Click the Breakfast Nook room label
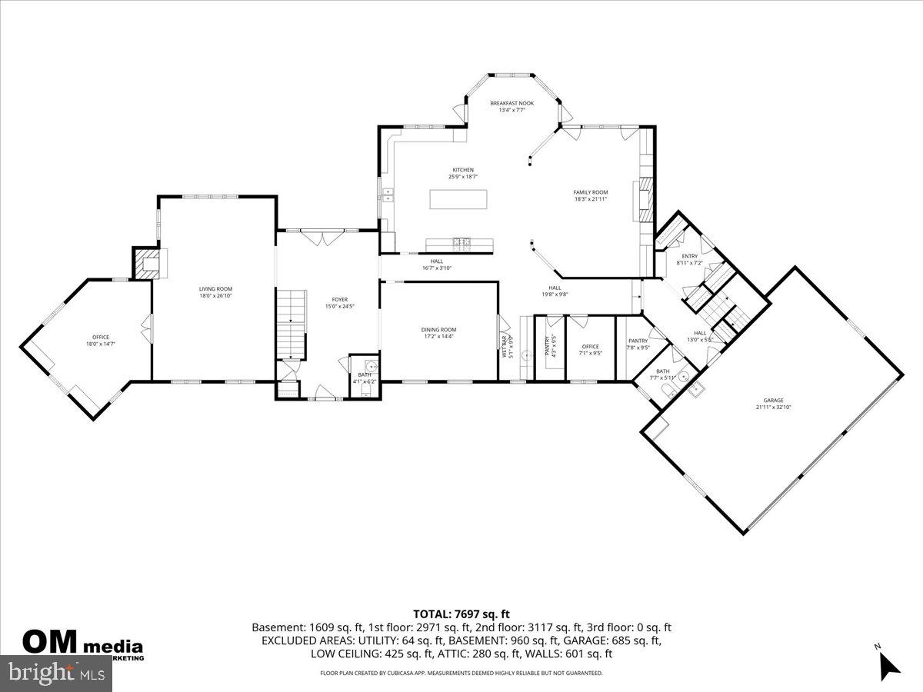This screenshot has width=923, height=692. coord(511,102)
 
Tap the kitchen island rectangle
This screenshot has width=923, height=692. coord(458,199)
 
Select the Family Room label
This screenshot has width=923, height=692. coord(591,192)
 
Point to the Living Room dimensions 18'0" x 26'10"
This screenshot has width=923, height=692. coord(215,295)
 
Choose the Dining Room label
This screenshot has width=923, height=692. coord(438,330)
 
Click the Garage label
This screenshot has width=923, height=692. coord(773,400)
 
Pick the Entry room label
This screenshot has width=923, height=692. coord(689,256)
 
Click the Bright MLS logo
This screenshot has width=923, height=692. coord(56,673)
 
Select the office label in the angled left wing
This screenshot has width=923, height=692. coord(101,337)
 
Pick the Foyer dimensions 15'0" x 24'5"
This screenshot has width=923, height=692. coord(339,306)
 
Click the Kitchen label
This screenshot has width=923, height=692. coord(462,170)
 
